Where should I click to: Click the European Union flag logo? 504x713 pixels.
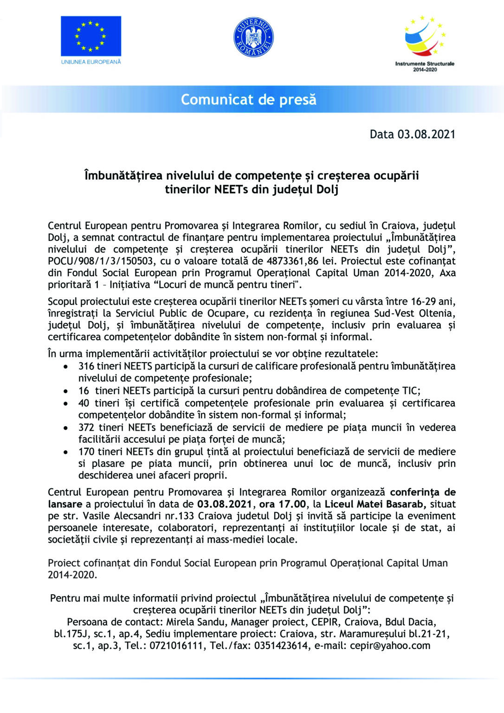click(91, 36)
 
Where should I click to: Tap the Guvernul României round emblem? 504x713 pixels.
click(253, 37)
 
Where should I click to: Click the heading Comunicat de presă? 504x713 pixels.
click(248, 99)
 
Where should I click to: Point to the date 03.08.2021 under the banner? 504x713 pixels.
click(426, 134)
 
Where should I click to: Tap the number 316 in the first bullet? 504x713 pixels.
click(86, 366)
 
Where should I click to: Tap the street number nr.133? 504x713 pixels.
click(181, 516)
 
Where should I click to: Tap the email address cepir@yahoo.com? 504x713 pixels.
click(390, 646)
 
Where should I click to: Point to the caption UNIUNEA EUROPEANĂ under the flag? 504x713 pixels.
click(91, 62)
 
